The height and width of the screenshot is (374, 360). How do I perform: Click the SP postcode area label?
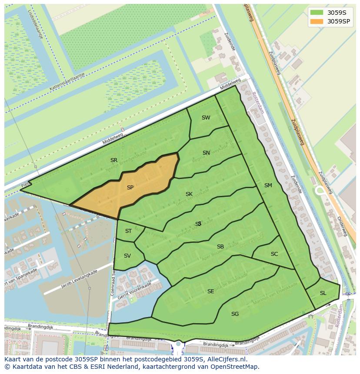click(x=130, y=188)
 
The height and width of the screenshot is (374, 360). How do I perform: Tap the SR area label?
click(x=114, y=160)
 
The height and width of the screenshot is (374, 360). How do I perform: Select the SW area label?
click(x=206, y=118)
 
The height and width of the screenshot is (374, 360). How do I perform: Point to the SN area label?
click(x=206, y=153)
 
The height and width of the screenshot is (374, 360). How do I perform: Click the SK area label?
click(x=189, y=194)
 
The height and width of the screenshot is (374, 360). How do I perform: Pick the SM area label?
click(x=268, y=185)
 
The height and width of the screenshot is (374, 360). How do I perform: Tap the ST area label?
click(x=128, y=231)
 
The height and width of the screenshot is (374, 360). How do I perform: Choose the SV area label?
click(x=127, y=256)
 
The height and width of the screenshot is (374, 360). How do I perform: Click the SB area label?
click(x=220, y=247)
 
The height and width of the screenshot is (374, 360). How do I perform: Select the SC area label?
click(x=274, y=254)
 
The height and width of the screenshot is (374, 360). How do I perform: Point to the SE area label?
click(x=210, y=291)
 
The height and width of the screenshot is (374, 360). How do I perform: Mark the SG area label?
click(x=235, y=314)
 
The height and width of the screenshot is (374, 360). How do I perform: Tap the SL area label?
click(x=323, y=293)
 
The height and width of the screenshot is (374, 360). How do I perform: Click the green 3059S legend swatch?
click(x=317, y=13)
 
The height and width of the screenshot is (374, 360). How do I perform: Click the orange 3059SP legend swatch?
click(x=317, y=21)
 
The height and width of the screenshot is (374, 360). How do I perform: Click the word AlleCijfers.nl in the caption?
click(x=226, y=360)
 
